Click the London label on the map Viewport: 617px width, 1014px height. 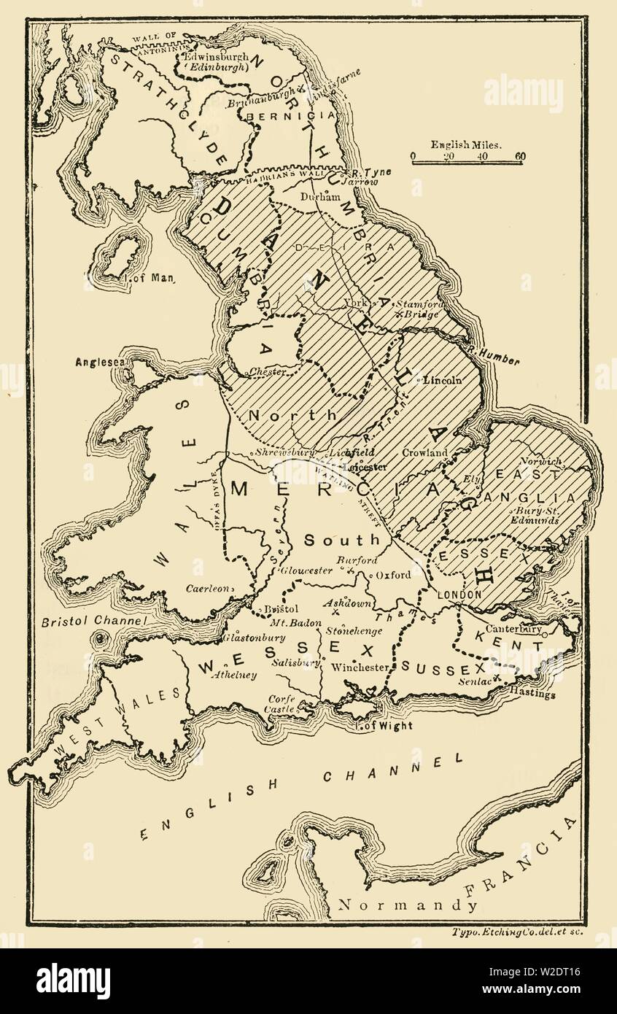click(459, 595)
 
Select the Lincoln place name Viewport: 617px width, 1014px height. click(444, 380)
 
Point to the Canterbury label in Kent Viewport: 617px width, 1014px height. click(516, 628)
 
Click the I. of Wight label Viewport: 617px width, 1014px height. click(384, 725)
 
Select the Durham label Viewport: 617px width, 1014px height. click(322, 197)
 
